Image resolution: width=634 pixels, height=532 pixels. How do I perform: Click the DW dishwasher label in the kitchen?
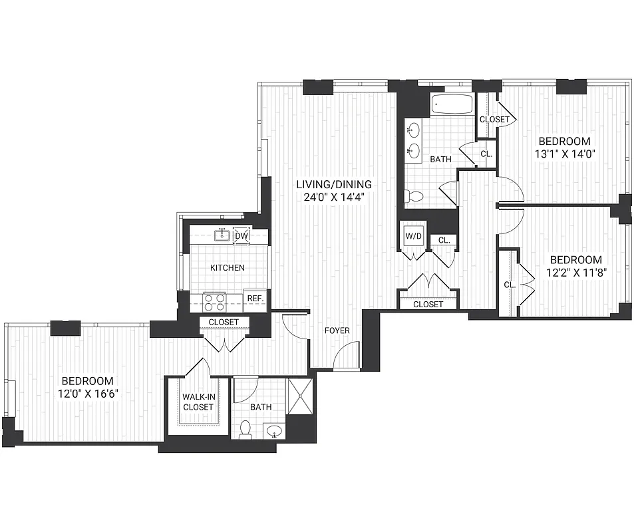click(241, 235)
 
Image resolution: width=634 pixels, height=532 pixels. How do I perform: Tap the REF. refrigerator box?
click(255, 299)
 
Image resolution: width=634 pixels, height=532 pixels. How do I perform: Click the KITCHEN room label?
click(228, 268)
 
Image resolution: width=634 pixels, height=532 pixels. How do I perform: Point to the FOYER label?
click(337, 331)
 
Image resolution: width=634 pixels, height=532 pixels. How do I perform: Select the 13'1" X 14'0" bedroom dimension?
click(565, 154)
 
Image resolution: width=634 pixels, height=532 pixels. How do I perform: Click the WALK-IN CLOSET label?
click(198, 402)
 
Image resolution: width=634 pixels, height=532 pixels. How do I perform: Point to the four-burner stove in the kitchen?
click(214, 303)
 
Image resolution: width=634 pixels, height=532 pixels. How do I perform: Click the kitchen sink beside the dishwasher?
click(222, 235)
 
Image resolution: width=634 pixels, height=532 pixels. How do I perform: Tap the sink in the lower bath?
click(274, 432)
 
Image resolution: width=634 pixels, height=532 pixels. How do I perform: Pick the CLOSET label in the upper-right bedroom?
click(494, 120)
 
